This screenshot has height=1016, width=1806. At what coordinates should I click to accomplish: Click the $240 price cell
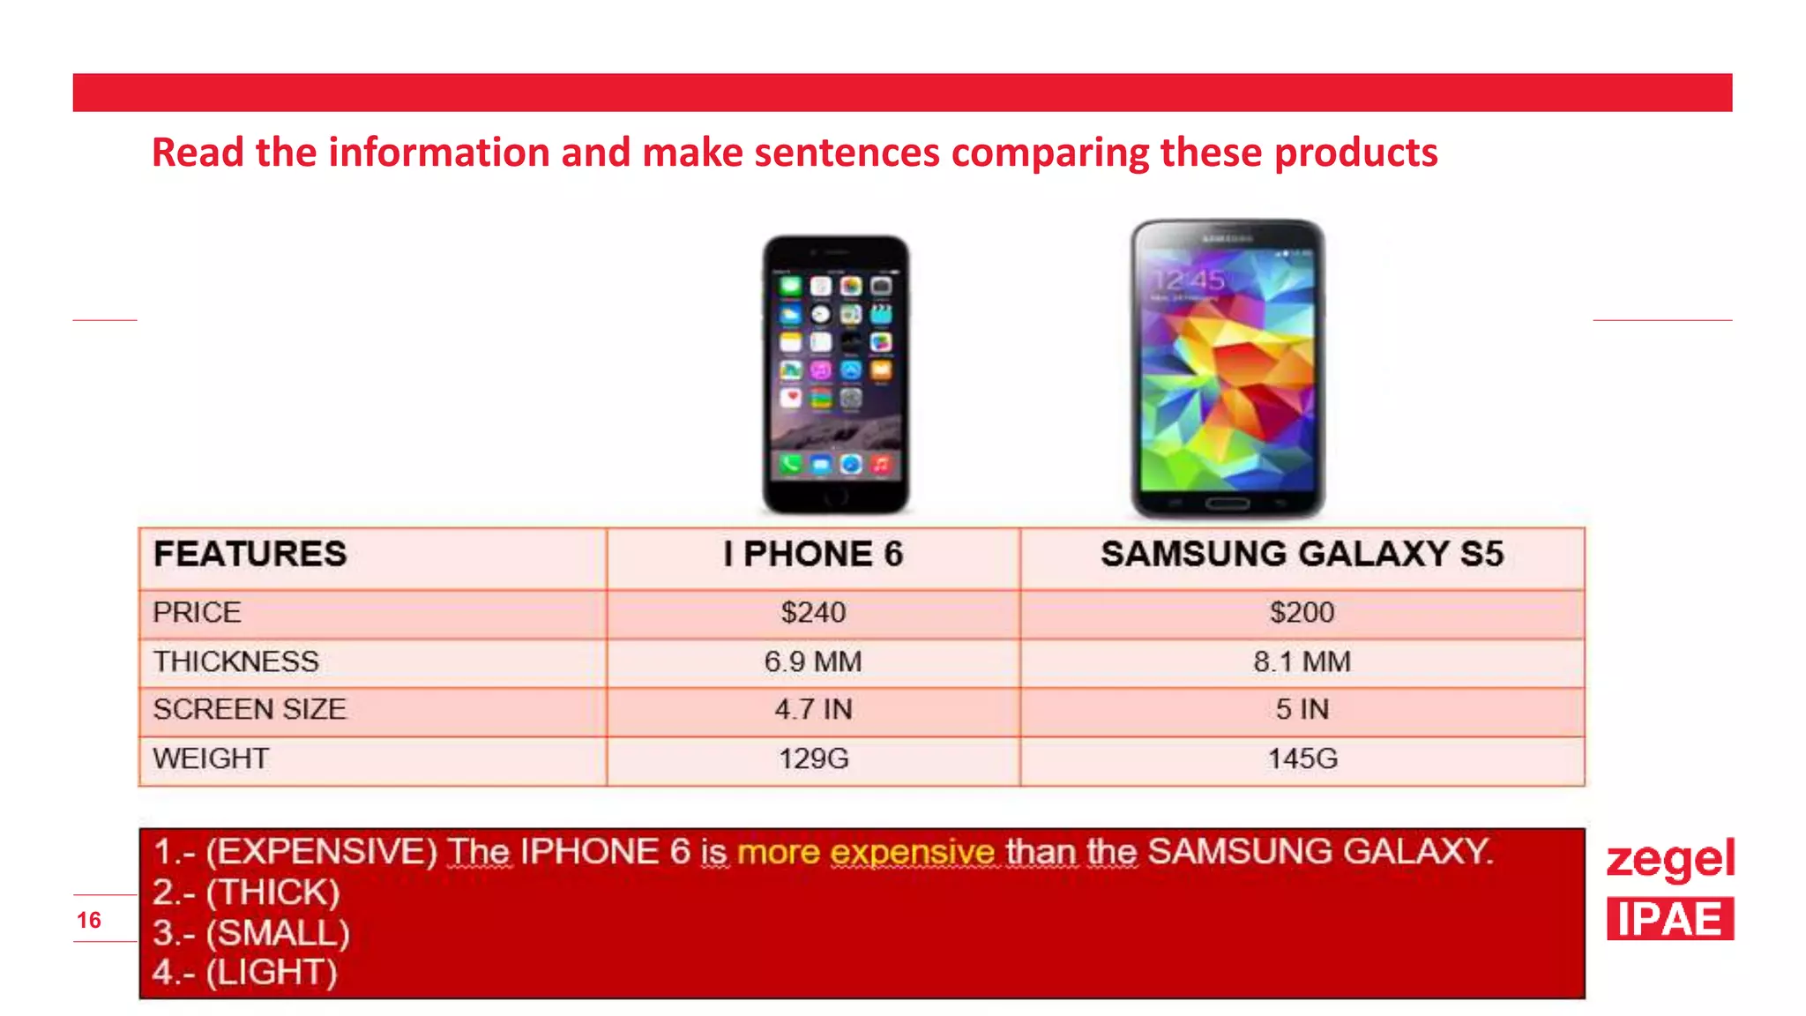point(813,612)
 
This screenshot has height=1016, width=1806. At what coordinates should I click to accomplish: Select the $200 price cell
point(1302,612)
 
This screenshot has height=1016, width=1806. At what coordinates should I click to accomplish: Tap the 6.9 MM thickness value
point(813,661)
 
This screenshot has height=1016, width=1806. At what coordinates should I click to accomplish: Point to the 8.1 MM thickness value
point(1302,661)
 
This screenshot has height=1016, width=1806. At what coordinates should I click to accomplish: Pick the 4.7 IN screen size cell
point(813,709)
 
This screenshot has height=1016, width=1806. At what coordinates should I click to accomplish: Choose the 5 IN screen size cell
point(1302,709)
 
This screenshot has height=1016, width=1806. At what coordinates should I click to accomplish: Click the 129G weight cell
point(813,758)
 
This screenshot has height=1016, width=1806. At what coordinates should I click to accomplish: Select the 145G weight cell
point(1302,758)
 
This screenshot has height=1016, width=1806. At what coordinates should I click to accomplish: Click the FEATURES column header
point(250,554)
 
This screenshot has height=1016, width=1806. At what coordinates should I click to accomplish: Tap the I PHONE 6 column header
point(813,554)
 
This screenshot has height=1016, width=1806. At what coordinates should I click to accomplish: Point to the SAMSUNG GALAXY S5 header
point(1302,554)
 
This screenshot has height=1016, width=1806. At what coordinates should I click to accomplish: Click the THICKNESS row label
point(235,661)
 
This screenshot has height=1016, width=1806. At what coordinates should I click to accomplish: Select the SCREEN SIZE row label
point(250,709)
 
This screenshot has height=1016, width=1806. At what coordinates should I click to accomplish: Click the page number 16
point(89,920)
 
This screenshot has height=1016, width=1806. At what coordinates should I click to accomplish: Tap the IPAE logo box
point(1669,919)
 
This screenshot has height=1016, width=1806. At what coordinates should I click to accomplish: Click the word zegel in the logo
point(1669,859)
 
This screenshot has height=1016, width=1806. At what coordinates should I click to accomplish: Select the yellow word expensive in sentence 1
point(912,852)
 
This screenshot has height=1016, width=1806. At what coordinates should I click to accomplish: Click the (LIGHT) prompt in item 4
point(272,972)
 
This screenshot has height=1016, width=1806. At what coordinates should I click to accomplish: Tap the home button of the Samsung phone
point(1228,504)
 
